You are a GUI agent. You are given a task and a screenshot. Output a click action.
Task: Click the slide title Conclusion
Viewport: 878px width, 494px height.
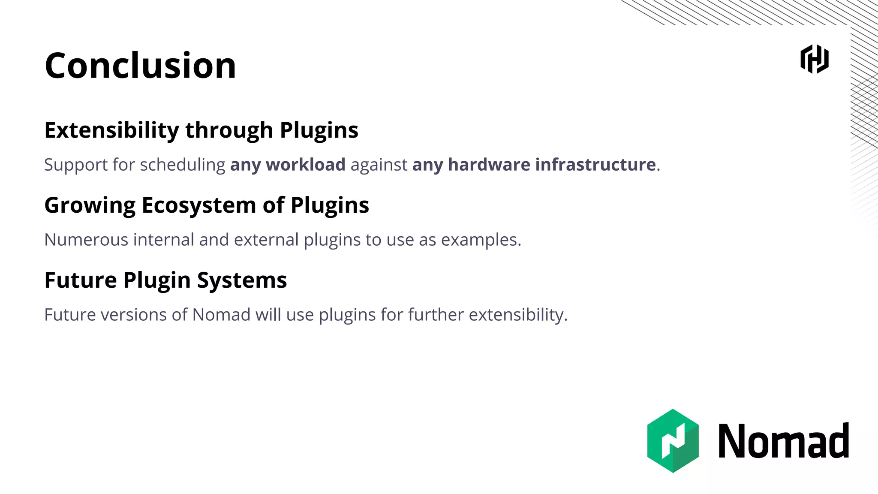coord(140,66)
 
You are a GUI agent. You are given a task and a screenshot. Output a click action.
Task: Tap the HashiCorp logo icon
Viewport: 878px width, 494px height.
coord(814,59)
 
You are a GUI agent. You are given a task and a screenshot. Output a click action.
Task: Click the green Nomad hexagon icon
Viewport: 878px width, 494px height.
coord(673,441)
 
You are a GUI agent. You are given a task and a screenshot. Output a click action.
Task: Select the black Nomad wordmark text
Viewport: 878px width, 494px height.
coord(783,441)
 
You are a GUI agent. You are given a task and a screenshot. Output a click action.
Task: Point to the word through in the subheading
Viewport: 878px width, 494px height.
coord(229,130)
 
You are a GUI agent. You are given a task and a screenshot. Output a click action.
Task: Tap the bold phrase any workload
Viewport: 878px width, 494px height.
coord(288,165)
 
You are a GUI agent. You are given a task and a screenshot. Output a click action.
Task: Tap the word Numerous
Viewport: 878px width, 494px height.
coord(86,240)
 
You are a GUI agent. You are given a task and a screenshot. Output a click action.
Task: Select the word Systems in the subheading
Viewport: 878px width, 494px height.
coord(242,281)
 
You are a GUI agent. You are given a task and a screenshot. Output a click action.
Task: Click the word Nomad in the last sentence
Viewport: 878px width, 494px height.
coord(221,315)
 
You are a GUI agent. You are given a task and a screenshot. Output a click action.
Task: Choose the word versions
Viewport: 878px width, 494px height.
coord(133,315)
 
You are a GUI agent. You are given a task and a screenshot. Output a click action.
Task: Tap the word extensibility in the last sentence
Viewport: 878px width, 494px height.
coord(518,315)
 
